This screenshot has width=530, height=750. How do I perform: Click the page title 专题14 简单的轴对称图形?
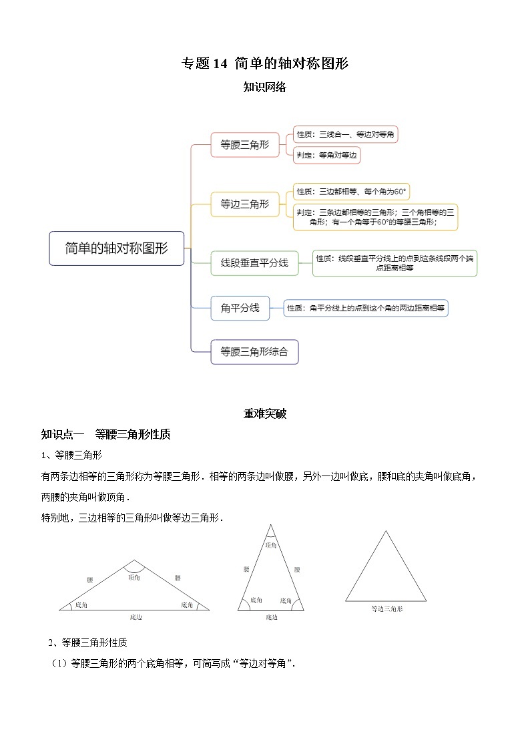pos(265,63)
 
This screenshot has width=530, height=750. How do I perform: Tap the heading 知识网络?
pos(265,87)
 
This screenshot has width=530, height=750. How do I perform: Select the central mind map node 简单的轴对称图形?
pos(116,248)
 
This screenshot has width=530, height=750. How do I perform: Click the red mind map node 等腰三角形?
pos(245,144)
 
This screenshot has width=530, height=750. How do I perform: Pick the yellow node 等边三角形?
pos(245,204)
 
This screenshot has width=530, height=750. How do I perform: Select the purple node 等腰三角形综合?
pos(254,352)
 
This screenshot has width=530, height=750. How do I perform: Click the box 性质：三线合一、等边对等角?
pos(346,134)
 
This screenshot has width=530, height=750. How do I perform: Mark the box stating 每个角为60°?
pos(351,192)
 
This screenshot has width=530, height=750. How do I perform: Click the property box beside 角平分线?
pos(365,308)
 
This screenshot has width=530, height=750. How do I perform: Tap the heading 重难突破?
pos(265,414)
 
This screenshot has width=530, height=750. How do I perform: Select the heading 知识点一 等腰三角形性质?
pos(105,435)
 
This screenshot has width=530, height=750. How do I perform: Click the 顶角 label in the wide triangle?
pos(134,578)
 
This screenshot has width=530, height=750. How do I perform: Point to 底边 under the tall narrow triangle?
pos(271,618)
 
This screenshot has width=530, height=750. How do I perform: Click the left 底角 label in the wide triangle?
pos(81,604)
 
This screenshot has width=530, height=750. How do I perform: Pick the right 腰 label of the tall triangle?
pos(297,570)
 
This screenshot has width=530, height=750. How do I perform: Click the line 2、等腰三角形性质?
pos(87,643)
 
